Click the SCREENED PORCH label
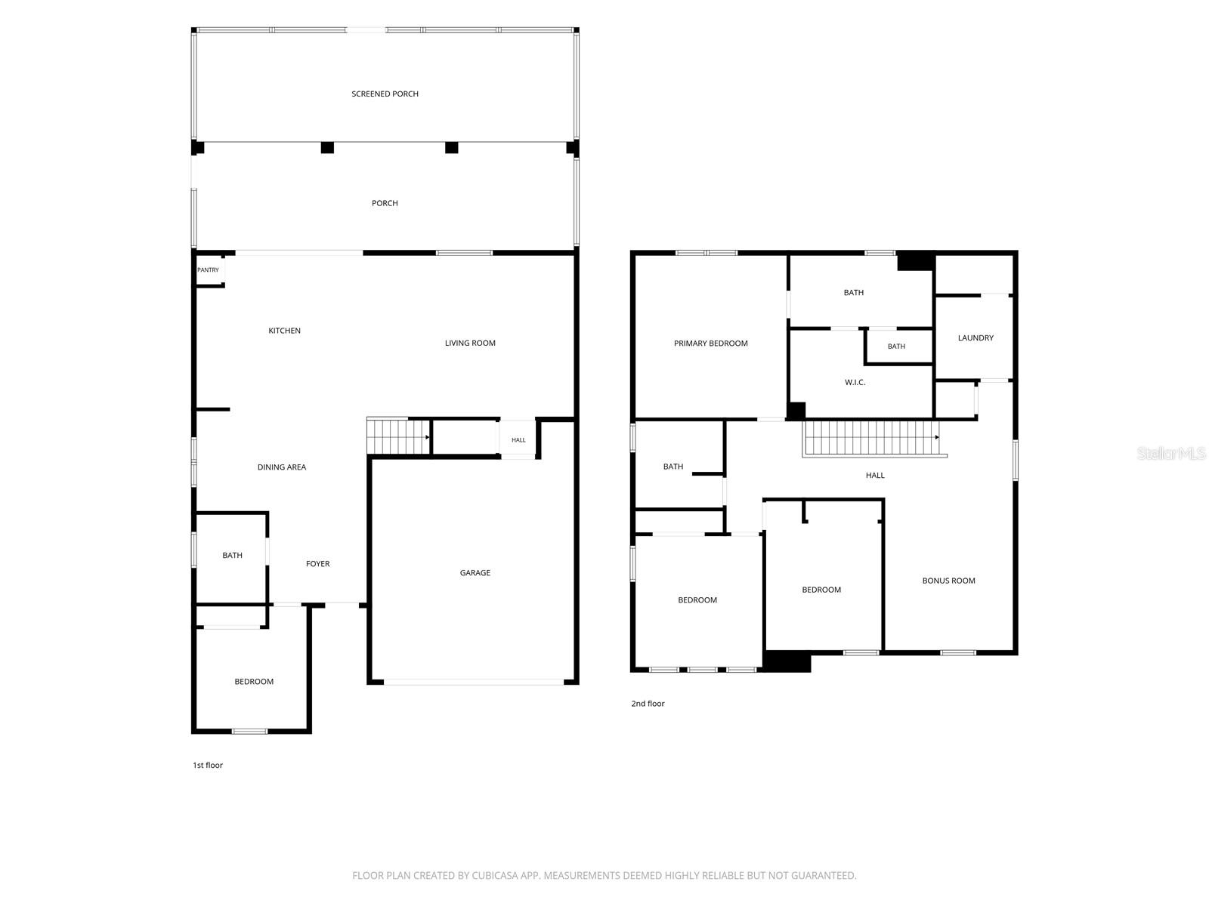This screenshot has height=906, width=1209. point(385,94)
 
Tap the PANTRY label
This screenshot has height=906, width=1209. point(208,270)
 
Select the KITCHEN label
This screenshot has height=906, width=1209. point(284,331)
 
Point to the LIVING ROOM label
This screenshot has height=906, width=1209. point(470,344)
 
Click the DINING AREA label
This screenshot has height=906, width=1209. point(281,467)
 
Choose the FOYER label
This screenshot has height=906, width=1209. point(318,564)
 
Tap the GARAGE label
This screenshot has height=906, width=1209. point(475,572)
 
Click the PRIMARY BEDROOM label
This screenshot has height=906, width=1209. point(710,344)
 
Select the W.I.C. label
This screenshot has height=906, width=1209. point(855,382)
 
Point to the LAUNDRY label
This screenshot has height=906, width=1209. point(976,337)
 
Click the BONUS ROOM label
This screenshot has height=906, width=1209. point(948,581)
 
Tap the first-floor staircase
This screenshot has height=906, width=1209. point(398,437)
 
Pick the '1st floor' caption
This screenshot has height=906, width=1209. point(208,765)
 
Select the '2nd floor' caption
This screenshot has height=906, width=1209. point(648,704)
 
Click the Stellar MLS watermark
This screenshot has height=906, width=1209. point(1171,453)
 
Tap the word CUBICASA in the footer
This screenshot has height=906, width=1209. point(493,875)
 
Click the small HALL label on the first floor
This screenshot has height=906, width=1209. point(518,440)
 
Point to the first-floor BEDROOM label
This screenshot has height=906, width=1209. point(254,682)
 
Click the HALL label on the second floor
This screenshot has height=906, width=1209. point(875,476)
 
